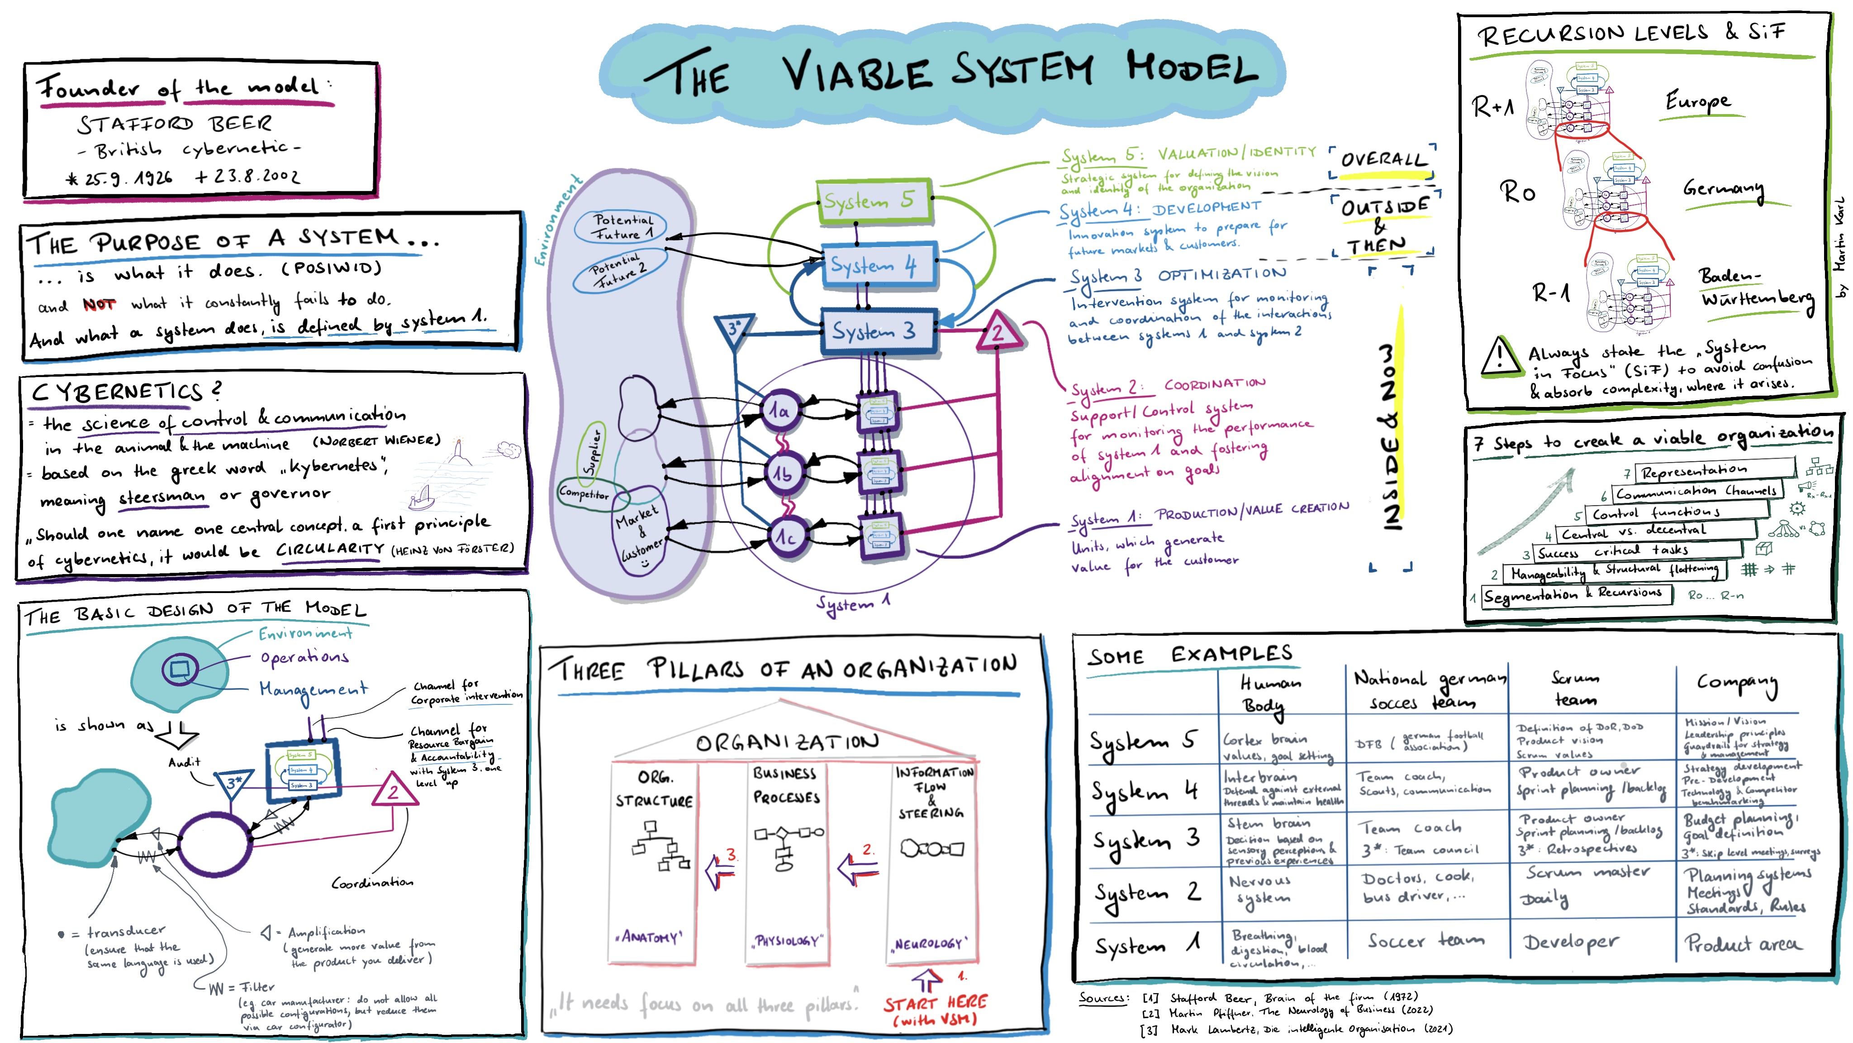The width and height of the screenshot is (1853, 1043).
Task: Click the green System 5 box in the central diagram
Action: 873,201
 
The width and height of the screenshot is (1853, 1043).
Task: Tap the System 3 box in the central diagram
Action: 878,330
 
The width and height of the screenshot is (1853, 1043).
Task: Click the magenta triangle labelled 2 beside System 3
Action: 997,333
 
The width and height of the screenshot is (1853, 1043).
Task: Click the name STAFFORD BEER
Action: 175,124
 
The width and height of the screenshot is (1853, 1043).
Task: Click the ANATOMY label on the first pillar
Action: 650,937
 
